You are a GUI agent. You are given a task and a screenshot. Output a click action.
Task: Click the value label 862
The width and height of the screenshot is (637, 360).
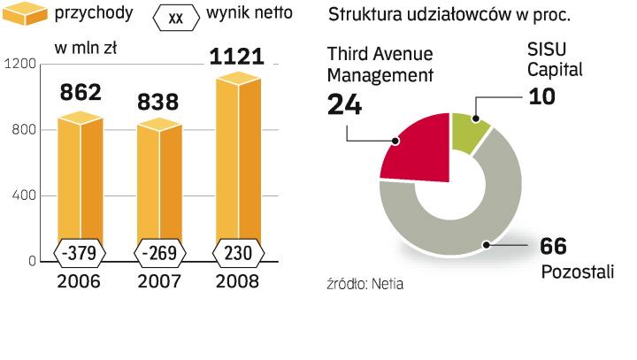coord(81,91)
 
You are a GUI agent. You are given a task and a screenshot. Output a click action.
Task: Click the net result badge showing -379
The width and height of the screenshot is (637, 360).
coord(81,253)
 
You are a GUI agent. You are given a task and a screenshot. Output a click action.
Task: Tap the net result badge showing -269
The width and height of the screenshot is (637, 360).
coord(159,253)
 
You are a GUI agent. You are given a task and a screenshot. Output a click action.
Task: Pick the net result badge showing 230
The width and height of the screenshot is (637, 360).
coord(236,253)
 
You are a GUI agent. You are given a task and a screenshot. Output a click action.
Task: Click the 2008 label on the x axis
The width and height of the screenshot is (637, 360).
coord(236,282)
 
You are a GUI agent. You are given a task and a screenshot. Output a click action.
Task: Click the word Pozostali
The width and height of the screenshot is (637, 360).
coord(577,272)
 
